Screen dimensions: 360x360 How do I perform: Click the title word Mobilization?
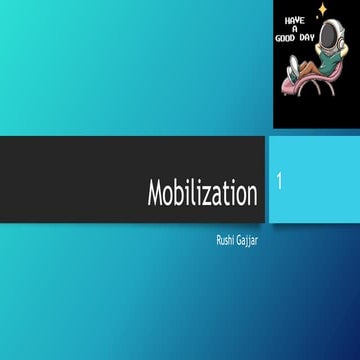[x=202, y=193]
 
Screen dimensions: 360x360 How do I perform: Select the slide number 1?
[x=281, y=183]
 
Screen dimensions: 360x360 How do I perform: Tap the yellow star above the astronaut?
[x=322, y=10]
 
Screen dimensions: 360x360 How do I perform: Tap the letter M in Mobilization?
[x=156, y=193]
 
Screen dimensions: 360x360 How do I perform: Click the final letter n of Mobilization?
[x=251, y=195]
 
